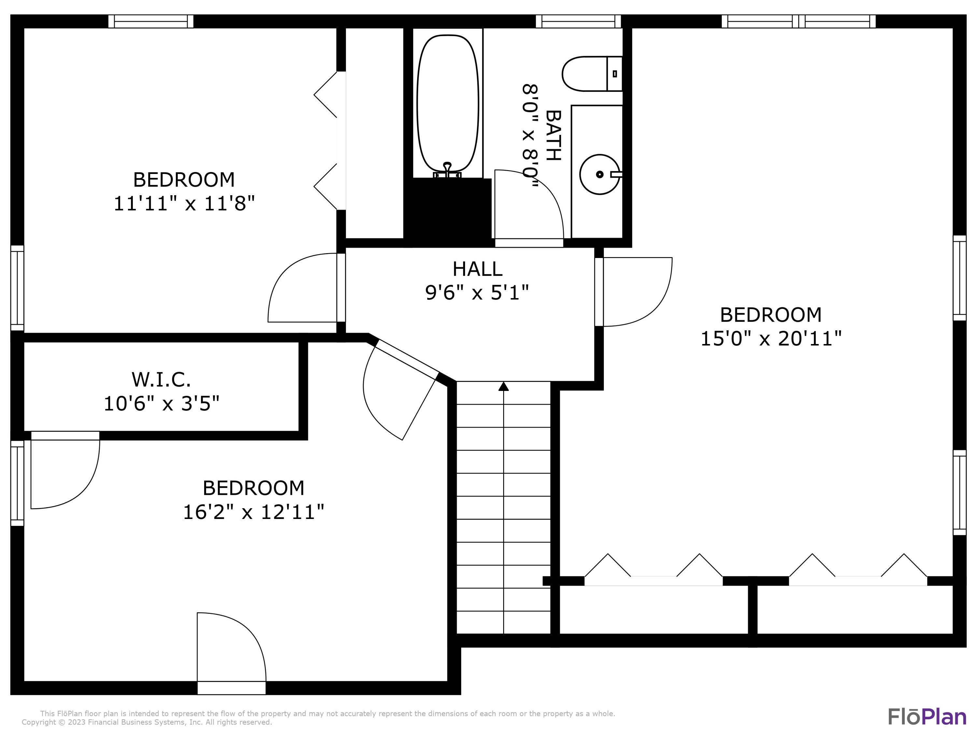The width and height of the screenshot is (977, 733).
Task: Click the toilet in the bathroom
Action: (592, 74)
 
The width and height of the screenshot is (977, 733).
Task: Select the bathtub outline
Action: (447, 104)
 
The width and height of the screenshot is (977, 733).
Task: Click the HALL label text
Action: (477, 269)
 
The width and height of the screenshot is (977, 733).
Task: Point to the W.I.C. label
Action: (161, 380)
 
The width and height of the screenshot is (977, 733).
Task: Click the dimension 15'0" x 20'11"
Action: (771, 339)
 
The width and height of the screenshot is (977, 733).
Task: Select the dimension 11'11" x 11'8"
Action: (184, 204)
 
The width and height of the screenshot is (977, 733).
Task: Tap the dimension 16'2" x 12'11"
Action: (253, 512)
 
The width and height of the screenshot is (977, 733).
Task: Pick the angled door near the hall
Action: (400, 389)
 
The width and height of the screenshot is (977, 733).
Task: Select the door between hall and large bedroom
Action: (636, 292)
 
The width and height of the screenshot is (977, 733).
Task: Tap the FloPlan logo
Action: (927, 717)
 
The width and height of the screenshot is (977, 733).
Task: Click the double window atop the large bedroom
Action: (799, 21)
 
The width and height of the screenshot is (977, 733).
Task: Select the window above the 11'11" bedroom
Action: (151, 21)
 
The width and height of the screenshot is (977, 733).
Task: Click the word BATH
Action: (553, 136)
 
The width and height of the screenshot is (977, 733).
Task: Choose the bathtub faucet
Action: (447, 170)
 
